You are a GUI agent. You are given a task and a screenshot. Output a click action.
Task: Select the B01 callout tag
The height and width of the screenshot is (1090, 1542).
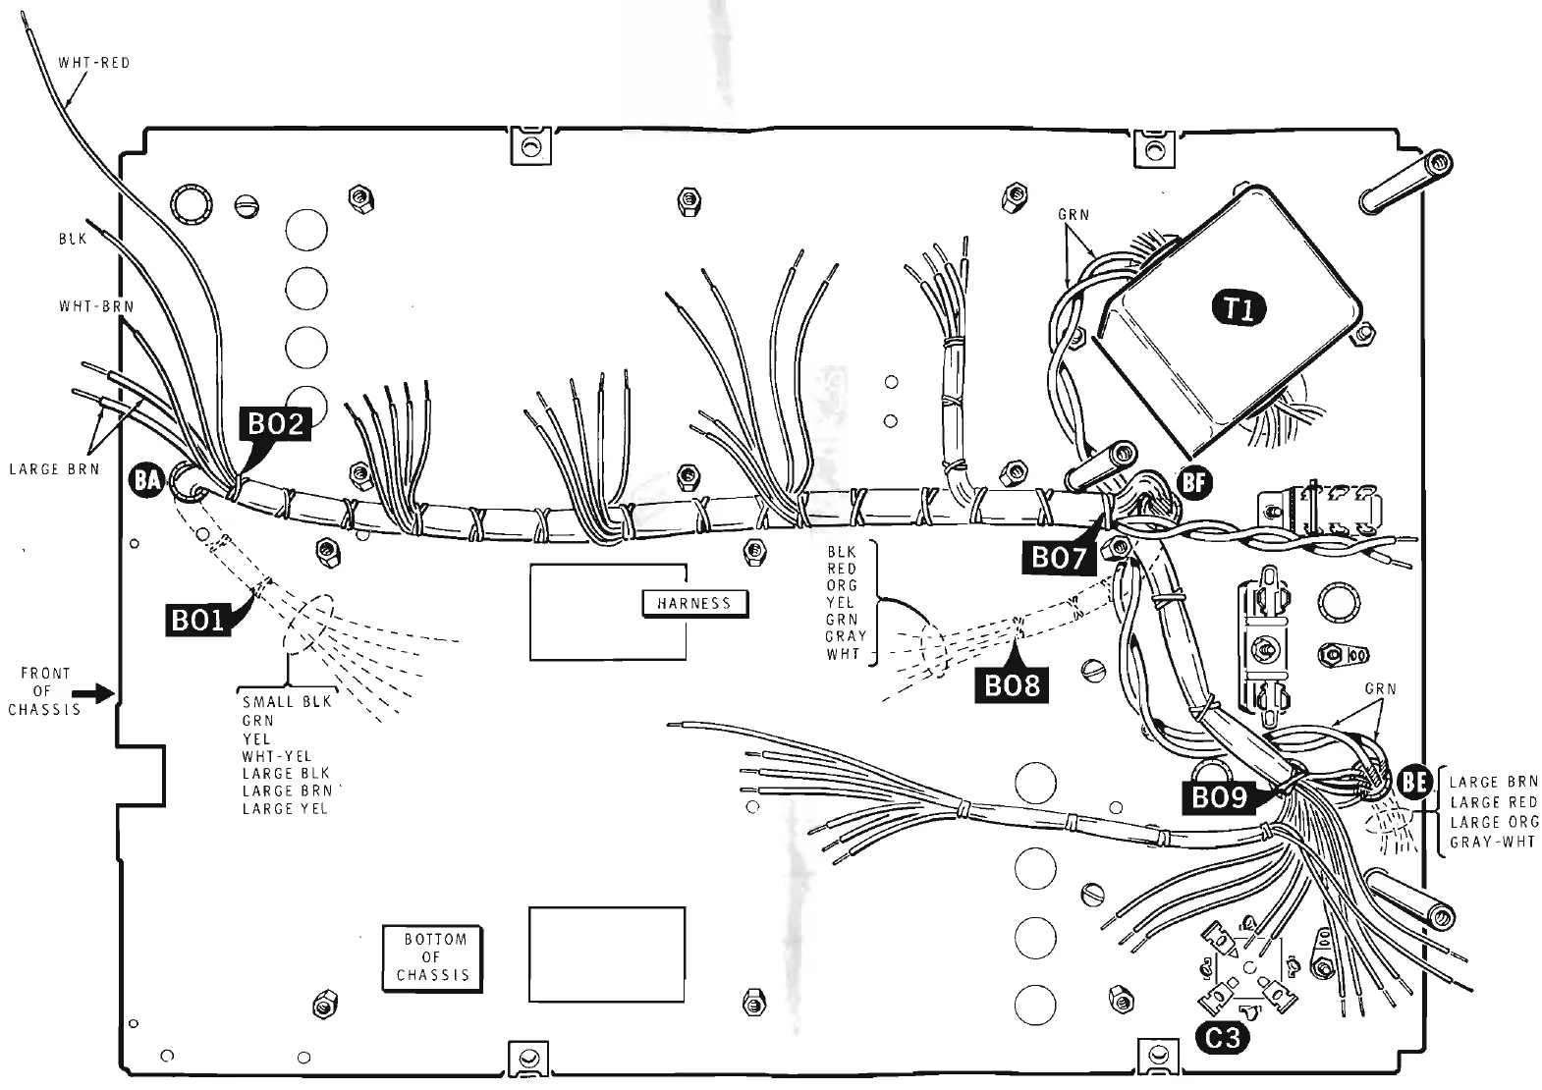pos(197,621)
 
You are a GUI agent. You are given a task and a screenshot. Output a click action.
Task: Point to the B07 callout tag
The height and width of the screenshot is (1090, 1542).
pos(1058,558)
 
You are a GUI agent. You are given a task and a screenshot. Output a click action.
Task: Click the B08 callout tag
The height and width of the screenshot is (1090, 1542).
pos(1011,684)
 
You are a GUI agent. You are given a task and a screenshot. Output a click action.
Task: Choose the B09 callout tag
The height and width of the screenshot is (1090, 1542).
pos(1219,797)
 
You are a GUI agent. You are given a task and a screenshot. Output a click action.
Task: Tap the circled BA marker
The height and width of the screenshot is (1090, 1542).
pos(147,480)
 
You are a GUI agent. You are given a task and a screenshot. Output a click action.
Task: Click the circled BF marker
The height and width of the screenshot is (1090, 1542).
pos(1194,481)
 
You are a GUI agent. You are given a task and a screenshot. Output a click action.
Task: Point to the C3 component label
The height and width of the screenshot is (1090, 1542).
pos(1222,1037)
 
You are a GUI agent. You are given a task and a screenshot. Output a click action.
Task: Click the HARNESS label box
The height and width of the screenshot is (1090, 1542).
pos(694,603)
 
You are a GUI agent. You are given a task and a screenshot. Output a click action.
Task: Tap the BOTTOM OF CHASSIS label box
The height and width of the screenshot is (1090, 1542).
pos(432,957)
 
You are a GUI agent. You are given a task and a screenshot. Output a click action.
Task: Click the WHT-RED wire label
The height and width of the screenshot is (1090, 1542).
pos(93,63)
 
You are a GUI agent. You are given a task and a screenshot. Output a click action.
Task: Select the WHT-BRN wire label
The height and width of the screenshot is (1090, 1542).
pos(96,306)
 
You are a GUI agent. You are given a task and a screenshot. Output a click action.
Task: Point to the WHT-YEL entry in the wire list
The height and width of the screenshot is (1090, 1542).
pos(276,756)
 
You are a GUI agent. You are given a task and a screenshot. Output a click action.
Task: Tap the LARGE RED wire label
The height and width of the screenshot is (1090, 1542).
pos(1493,802)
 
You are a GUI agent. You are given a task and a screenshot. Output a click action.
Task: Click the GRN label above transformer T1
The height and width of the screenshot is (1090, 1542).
pos(1074,214)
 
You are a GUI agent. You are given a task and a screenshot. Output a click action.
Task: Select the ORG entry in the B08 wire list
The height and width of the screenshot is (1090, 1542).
pos(841,585)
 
